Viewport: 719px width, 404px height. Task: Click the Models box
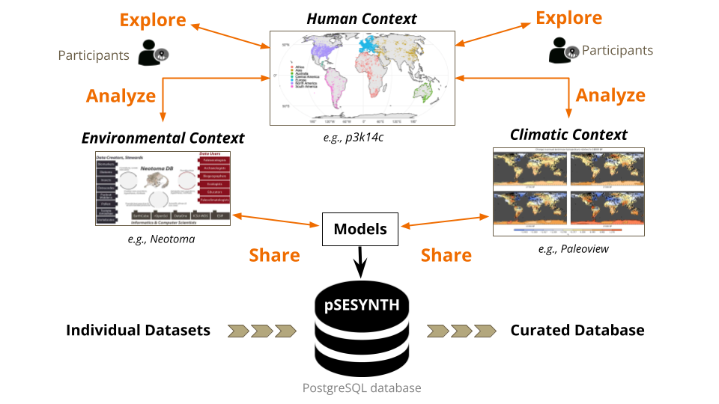(x=360, y=229)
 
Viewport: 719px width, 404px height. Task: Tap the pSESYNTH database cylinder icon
(x=361, y=329)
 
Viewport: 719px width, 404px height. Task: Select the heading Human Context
(x=362, y=19)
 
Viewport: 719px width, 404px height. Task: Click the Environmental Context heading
(x=163, y=138)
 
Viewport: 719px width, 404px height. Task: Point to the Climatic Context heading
(x=568, y=135)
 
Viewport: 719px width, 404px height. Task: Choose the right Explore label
(x=569, y=17)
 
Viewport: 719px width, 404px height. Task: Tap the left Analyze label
(x=121, y=96)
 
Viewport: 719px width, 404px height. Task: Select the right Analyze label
(x=610, y=95)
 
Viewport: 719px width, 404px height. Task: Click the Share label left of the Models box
(x=274, y=255)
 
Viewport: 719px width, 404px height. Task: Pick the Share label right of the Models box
(x=446, y=255)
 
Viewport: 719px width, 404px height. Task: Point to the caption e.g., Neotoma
(x=163, y=239)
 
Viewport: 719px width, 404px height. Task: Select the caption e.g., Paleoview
(x=573, y=248)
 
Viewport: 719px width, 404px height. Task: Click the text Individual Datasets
(x=138, y=330)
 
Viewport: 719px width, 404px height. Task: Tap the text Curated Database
(x=577, y=330)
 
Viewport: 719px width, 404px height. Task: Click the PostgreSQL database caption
(x=361, y=388)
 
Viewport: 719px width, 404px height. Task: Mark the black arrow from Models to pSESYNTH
(x=360, y=263)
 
